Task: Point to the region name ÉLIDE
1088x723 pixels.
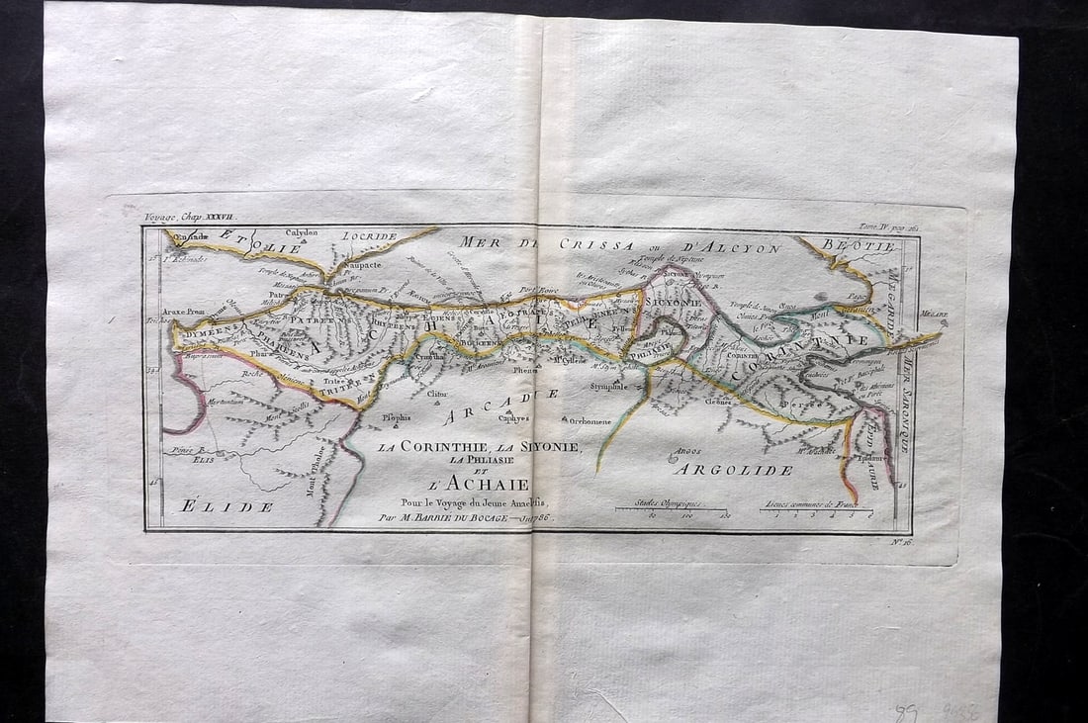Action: pyautogui.click(x=227, y=506)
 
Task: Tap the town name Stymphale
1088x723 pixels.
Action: pyautogui.click(x=608, y=386)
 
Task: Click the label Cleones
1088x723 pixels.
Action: pyautogui.click(x=719, y=402)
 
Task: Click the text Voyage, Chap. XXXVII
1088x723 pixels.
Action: pyautogui.click(x=190, y=216)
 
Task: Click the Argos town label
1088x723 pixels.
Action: pyautogui.click(x=682, y=456)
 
